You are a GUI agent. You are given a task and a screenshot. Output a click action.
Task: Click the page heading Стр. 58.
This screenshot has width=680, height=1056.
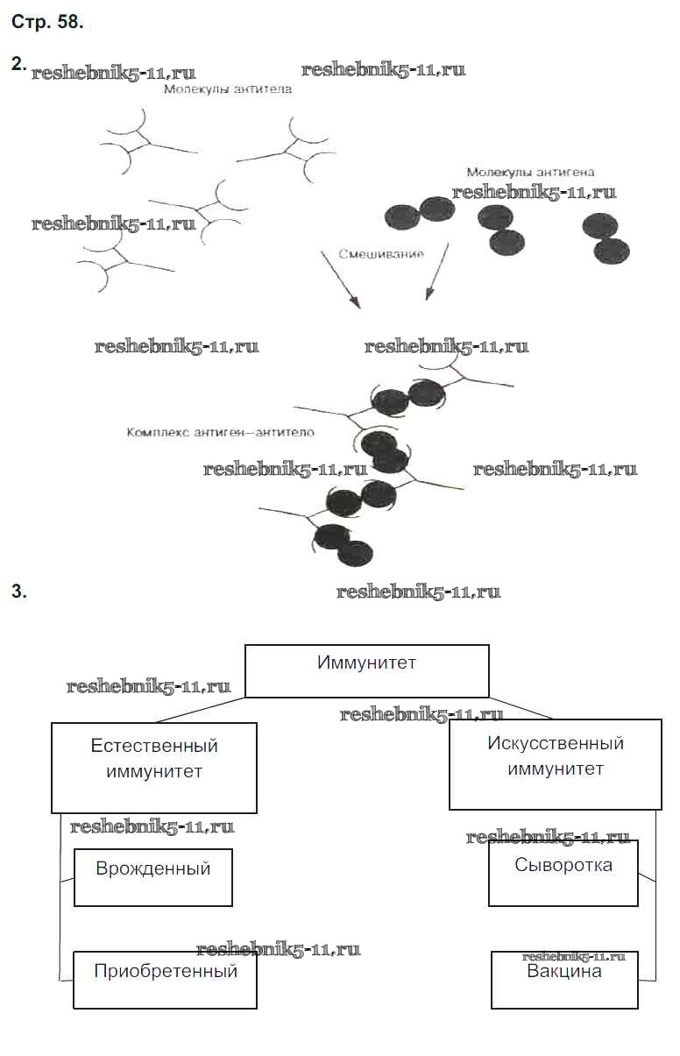point(47,24)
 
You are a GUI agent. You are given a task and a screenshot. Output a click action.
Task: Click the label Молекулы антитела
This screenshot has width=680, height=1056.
point(227,89)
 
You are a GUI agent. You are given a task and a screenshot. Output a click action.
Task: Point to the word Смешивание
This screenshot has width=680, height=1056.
point(380,254)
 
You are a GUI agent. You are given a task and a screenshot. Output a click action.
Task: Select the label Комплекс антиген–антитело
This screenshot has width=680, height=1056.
point(220,432)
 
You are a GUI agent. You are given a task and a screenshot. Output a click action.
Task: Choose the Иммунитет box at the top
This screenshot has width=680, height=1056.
point(366,671)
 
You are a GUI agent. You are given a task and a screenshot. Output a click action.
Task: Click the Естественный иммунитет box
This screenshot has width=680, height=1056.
point(154,768)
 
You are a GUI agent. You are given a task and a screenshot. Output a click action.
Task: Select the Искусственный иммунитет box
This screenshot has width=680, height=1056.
point(555,764)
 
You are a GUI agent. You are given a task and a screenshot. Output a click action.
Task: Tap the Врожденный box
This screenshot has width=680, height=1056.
point(153,876)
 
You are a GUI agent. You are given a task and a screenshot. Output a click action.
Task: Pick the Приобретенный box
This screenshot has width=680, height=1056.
point(165,979)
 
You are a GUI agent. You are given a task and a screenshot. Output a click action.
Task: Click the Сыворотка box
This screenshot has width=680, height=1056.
point(563,873)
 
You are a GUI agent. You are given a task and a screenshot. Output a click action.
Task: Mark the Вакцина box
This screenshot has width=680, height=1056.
point(563,979)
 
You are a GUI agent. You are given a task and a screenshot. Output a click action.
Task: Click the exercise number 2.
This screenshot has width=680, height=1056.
point(17,64)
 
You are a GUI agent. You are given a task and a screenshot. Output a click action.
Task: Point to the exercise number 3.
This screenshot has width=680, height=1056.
point(18,592)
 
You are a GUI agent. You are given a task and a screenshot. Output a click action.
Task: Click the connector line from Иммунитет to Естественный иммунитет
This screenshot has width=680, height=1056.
point(200,710)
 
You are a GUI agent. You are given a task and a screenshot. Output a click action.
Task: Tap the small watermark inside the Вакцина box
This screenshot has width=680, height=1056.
point(573,958)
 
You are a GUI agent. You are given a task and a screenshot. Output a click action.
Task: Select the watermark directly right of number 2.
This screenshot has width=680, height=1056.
point(113,73)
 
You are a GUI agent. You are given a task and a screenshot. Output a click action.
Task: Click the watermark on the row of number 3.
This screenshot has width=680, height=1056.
point(418,592)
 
